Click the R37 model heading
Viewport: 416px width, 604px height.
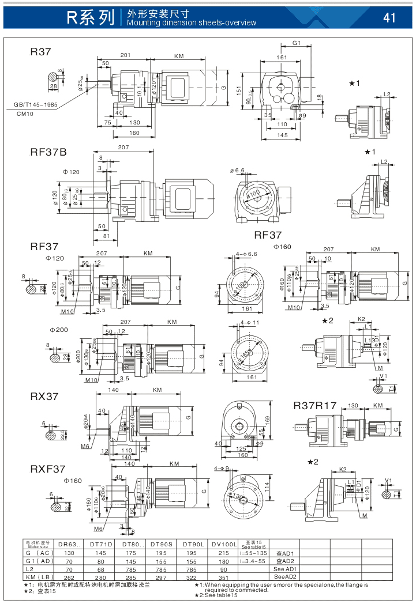[x=41, y=52]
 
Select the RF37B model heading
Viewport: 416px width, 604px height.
[x=48, y=153]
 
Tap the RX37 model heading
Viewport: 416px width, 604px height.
[x=44, y=397]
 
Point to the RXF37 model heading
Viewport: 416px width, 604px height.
[x=48, y=469]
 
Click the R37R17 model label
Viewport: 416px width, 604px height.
[x=314, y=405]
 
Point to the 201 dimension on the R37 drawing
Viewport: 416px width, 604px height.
[x=125, y=55]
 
